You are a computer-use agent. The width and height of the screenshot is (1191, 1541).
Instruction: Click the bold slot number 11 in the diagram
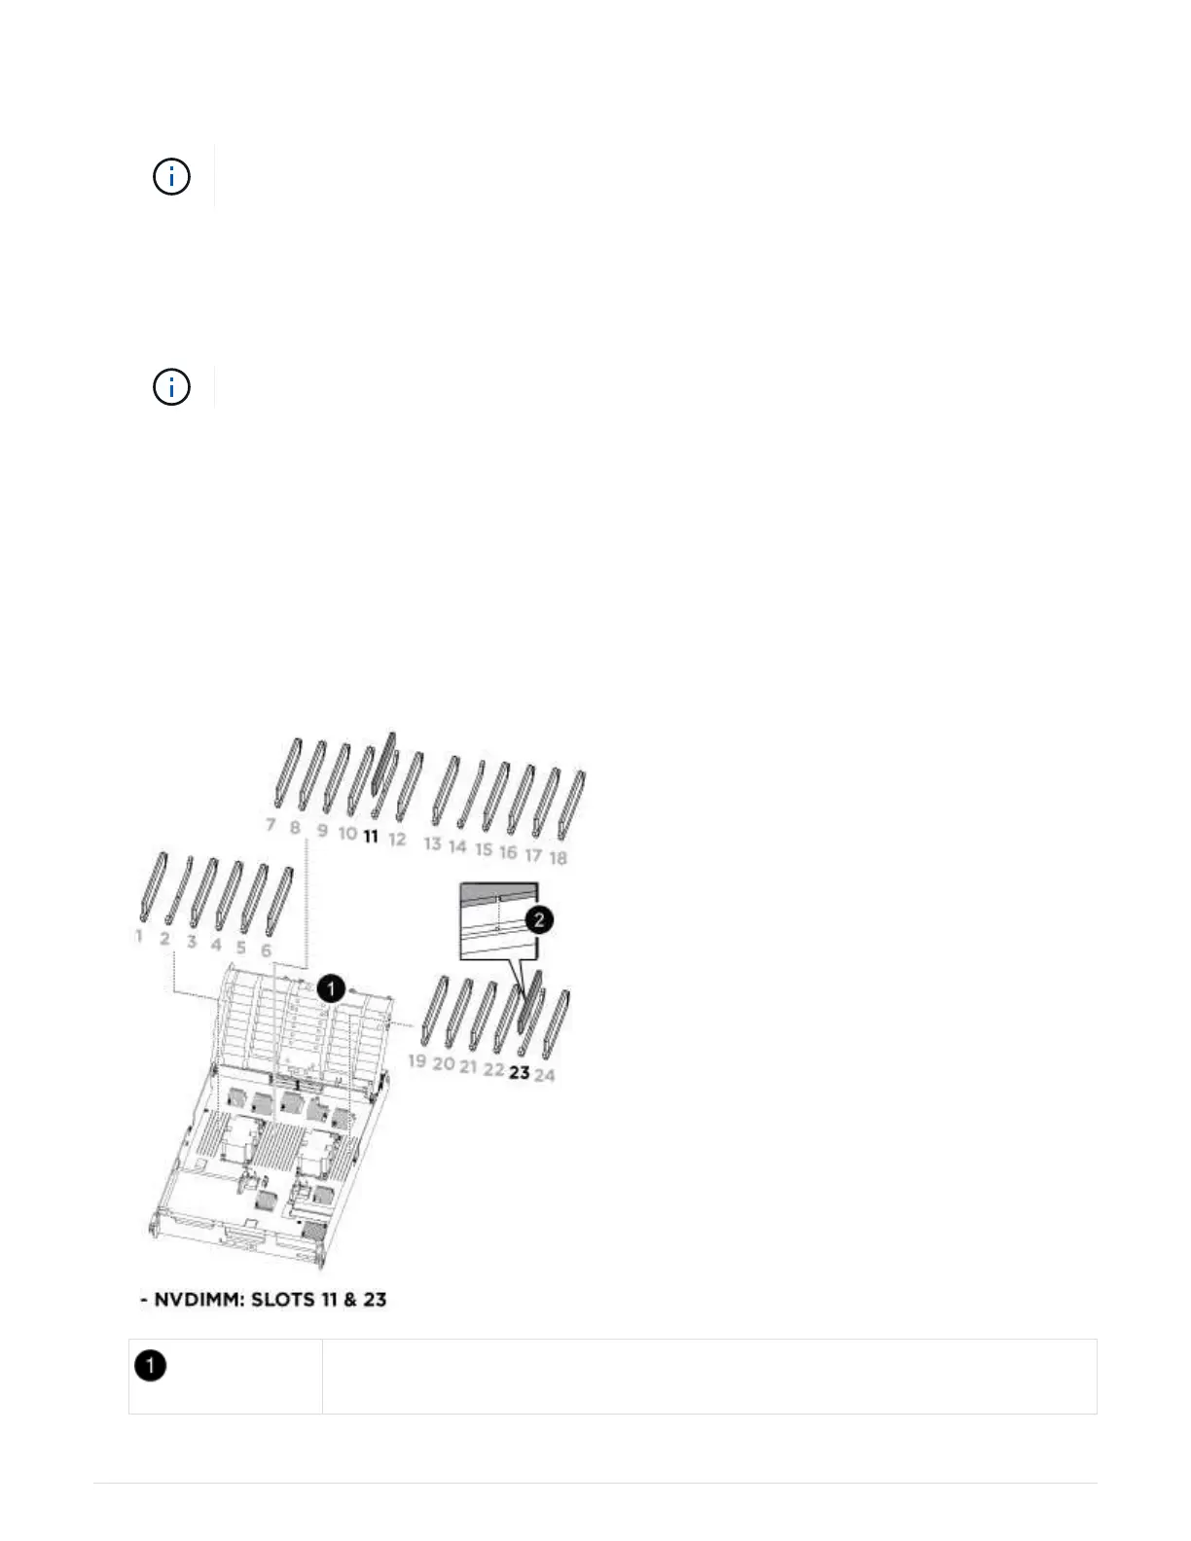point(371,836)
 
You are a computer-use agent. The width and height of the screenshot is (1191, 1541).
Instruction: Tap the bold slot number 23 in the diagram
point(520,1072)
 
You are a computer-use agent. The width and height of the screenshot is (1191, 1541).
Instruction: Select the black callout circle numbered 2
point(538,919)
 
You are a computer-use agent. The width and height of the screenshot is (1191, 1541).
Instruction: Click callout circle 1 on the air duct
point(332,988)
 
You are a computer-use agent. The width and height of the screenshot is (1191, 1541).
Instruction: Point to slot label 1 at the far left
point(139,936)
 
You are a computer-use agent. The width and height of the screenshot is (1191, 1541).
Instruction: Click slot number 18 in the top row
point(558,857)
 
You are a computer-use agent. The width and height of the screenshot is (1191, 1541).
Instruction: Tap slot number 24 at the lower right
point(545,1075)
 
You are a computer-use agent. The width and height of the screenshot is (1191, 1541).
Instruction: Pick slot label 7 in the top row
point(271,825)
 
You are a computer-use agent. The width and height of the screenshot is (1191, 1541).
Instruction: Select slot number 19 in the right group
point(417,1060)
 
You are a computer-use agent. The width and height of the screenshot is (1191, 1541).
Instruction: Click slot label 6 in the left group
point(266,950)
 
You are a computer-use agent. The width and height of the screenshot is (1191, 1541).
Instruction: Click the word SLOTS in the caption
point(283,1300)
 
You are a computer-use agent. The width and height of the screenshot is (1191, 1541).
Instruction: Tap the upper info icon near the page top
point(171,177)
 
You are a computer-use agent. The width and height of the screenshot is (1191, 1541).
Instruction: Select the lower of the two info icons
point(171,387)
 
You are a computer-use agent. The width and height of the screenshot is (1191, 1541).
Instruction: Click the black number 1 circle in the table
point(150,1366)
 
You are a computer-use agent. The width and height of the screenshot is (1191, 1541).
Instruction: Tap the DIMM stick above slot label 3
point(202,893)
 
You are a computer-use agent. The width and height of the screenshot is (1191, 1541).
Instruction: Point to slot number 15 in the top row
point(484,849)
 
